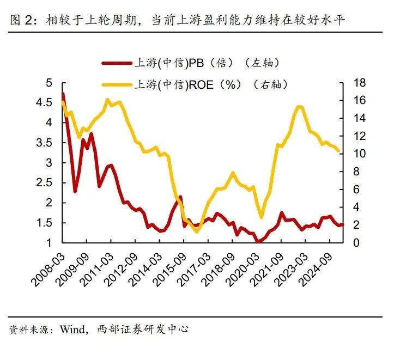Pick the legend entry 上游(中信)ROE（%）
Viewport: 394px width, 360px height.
pyautogui.click(x=210, y=84)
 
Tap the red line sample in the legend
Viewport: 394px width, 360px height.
pyautogui.click(x=117, y=63)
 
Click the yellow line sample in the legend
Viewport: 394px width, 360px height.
pyautogui.click(x=117, y=84)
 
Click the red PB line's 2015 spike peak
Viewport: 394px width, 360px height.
pyautogui.click(x=180, y=197)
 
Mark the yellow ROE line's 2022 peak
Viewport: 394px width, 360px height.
pyautogui.click(x=299, y=106)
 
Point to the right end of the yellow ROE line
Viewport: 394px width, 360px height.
pyautogui.click(x=338, y=151)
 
